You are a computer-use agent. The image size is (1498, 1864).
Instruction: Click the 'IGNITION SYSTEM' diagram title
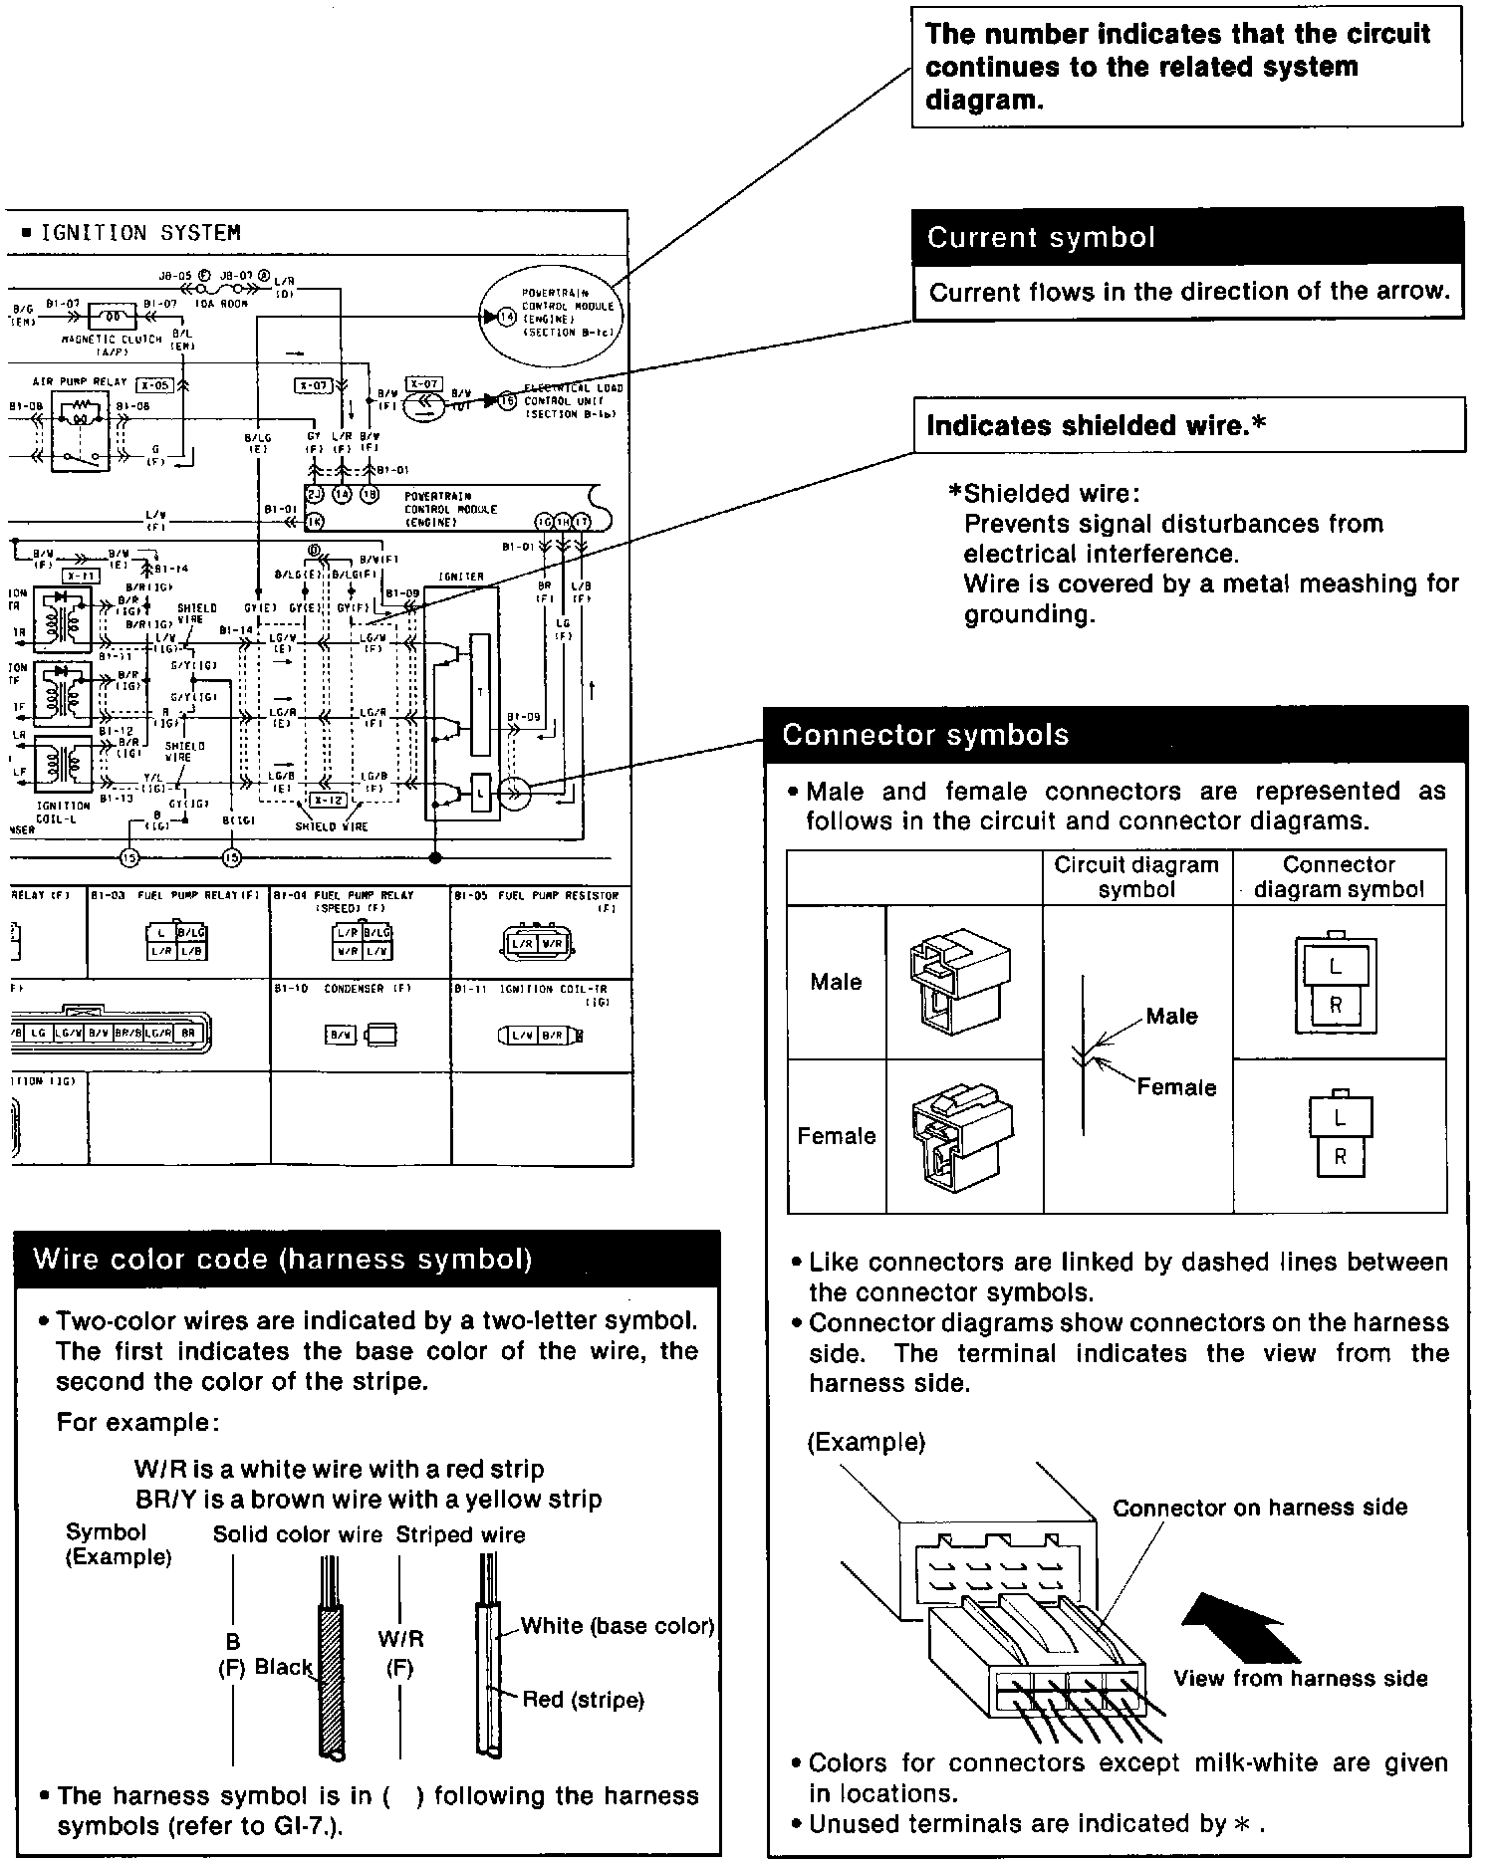click(139, 233)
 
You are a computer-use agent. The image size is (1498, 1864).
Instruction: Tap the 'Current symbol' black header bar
click(1186, 238)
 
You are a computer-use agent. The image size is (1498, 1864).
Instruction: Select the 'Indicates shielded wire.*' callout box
click(1188, 426)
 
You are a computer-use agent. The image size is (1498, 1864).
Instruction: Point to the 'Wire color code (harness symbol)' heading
click(283, 1260)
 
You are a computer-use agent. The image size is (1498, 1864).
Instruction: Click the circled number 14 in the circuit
click(507, 317)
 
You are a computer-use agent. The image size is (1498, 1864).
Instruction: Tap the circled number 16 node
click(507, 400)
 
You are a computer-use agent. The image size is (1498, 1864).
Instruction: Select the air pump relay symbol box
click(80, 431)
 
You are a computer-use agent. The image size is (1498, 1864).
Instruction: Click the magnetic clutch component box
click(113, 317)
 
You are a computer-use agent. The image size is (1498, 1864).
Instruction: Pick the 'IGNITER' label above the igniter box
click(461, 577)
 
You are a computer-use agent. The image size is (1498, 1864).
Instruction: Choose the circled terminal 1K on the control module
click(315, 521)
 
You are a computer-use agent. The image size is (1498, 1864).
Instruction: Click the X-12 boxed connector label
click(327, 800)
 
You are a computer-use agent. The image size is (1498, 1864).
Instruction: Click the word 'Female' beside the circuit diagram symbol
click(1176, 1087)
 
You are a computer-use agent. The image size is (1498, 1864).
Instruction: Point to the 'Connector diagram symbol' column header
click(1339, 876)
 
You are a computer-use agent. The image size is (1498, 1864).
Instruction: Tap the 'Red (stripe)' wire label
click(583, 1700)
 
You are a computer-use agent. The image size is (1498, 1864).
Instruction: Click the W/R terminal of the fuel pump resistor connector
click(553, 944)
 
